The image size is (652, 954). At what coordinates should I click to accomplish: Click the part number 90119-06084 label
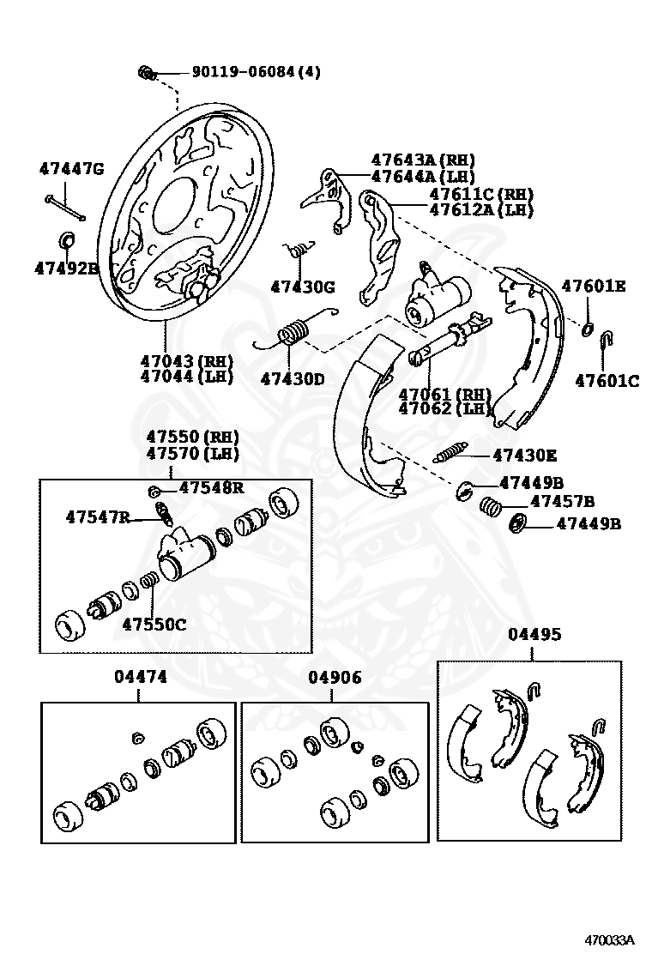click(255, 73)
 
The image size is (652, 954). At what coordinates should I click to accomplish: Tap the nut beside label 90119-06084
click(145, 73)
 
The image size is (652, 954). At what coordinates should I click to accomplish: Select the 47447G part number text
click(71, 168)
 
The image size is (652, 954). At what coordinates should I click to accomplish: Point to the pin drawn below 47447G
click(64, 206)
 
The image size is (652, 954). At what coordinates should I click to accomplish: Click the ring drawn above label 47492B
click(66, 238)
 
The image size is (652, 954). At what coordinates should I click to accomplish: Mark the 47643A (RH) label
click(422, 160)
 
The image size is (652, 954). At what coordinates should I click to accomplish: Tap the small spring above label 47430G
click(297, 249)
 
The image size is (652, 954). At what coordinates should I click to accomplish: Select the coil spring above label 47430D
click(293, 331)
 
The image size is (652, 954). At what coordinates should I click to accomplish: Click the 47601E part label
click(593, 286)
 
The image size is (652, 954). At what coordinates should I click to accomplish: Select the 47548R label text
click(212, 488)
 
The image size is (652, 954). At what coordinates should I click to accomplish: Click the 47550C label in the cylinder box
click(154, 624)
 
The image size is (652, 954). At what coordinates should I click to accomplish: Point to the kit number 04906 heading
click(335, 677)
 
